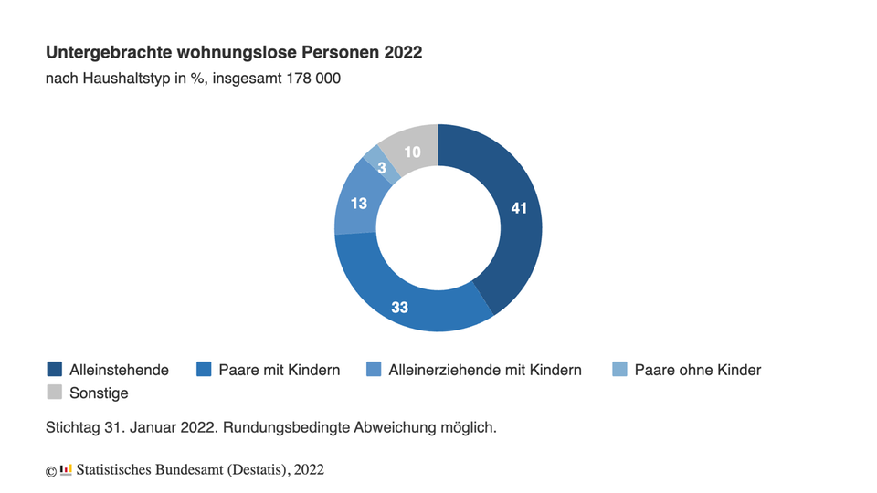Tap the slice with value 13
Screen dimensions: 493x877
(x=359, y=203)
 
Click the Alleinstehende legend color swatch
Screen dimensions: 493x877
(x=55, y=370)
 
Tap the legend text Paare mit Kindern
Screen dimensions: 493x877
(x=280, y=370)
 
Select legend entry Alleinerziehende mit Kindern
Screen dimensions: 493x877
(x=484, y=370)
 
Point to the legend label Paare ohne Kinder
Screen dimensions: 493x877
(x=697, y=370)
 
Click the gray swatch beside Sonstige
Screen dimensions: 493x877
(x=55, y=393)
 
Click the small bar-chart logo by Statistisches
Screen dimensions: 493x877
(x=66, y=469)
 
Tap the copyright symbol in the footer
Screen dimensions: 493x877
(x=51, y=470)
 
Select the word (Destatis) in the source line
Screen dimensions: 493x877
(x=249, y=469)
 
